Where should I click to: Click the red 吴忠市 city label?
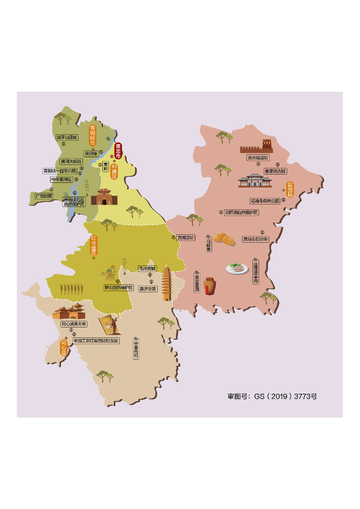tap(118, 151)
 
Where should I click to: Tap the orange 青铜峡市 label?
tap(93, 135)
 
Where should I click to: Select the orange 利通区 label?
tap(114, 172)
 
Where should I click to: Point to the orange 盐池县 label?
tap(290, 189)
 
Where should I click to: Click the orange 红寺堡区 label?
tap(94, 246)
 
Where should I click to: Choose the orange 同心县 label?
tap(64, 348)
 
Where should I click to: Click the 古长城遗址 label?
tap(258, 158)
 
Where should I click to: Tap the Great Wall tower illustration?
tap(257, 147)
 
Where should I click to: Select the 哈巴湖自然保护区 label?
tap(242, 213)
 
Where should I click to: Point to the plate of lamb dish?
tap(237, 269)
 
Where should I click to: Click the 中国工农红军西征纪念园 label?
tap(96, 341)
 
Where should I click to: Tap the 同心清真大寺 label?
tap(74, 324)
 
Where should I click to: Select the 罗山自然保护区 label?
tap(118, 288)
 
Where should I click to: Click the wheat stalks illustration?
tap(71, 289)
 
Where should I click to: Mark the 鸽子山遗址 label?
tap(67, 138)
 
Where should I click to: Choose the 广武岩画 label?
tap(44, 196)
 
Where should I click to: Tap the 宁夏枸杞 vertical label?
tap(136, 349)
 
